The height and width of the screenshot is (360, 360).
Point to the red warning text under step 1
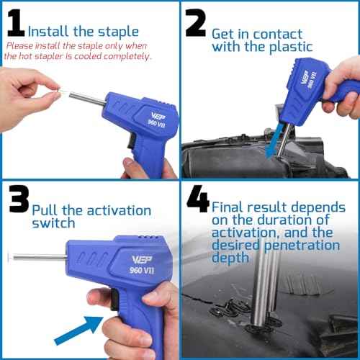click(x=79, y=50)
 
